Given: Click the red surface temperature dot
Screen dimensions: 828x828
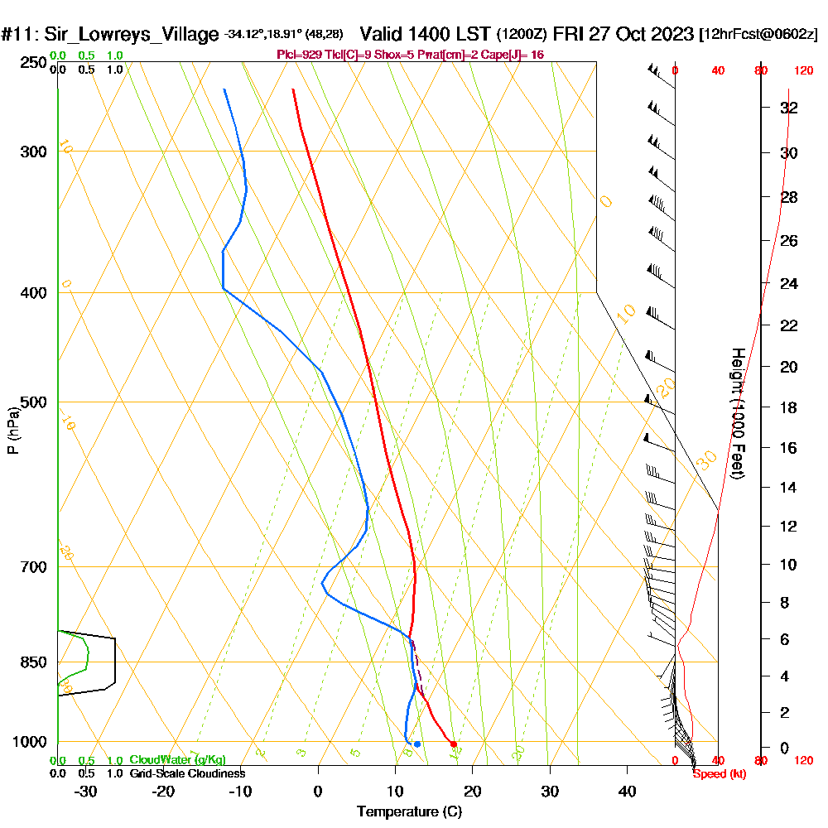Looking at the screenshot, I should (x=453, y=744).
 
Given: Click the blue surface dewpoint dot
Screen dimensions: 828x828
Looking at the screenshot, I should (x=417, y=744).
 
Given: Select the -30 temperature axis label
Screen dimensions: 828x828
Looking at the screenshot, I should (x=86, y=792).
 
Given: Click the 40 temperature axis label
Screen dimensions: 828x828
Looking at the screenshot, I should (x=627, y=792).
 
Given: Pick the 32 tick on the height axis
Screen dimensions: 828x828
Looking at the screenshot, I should (x=789, y=108).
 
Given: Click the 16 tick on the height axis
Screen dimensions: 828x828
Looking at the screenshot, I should (x=789, y=448).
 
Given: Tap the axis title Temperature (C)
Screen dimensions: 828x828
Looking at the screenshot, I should (x=409, y=812).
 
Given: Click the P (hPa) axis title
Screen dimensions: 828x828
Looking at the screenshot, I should (x=13, y=431).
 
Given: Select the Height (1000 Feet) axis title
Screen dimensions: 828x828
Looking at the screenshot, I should (x=738, y=413).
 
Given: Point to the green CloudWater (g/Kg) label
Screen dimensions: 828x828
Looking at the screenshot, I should (x=177, y=760).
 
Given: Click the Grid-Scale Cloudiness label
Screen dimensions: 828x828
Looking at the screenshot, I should (x=186, y=773).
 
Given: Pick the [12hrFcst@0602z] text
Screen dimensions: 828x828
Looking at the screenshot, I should (x=758, y=35).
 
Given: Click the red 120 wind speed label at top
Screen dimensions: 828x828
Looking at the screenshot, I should (x=802, y=70).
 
